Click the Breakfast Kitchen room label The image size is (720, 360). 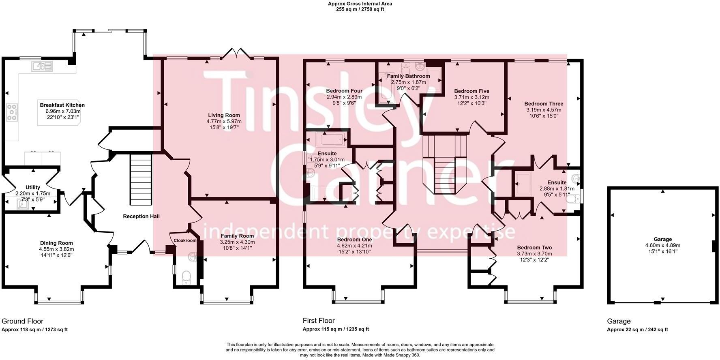pyautogui.click(x=62, y=105)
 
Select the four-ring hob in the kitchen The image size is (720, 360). pyautogui.click(x=12, y=112)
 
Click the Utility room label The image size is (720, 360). pyautogui.click(x=33, y=187)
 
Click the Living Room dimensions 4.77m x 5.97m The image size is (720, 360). pyautogui.click(x=224, y=121)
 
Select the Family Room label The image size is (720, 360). pyautogui.click(x=237, y=236)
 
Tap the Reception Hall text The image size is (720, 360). pyautogui.click(x=141, y=216)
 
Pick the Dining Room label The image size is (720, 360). pyautogui.click(x=56, y=243)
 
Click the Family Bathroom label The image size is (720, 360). pyautogui.click(x=408, y=76)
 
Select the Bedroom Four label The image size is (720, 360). pyautogui.click(x=344, y=91)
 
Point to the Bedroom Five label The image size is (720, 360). pyautogui.click(x=471, y=91)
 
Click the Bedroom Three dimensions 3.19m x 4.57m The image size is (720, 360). pyautogui.click(x=544, y=109)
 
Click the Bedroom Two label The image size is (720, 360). pyautogui.click(x=534, y=247)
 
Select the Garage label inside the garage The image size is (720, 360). pyautogui.click(x=662, y=239)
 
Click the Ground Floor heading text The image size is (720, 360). pyautogui.click(x=23, y=321)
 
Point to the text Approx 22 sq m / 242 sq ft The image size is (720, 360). pyautogui.click(x=637, y=330)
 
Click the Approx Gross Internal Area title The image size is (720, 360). pyautogui.click(x=360, y=4)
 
